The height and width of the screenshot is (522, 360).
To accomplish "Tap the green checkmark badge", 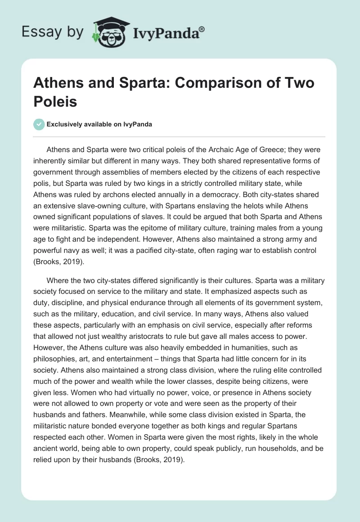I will point(40,124).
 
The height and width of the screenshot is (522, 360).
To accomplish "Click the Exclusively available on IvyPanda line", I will point(99,124).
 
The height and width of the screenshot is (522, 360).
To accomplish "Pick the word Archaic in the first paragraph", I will point(219,149).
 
